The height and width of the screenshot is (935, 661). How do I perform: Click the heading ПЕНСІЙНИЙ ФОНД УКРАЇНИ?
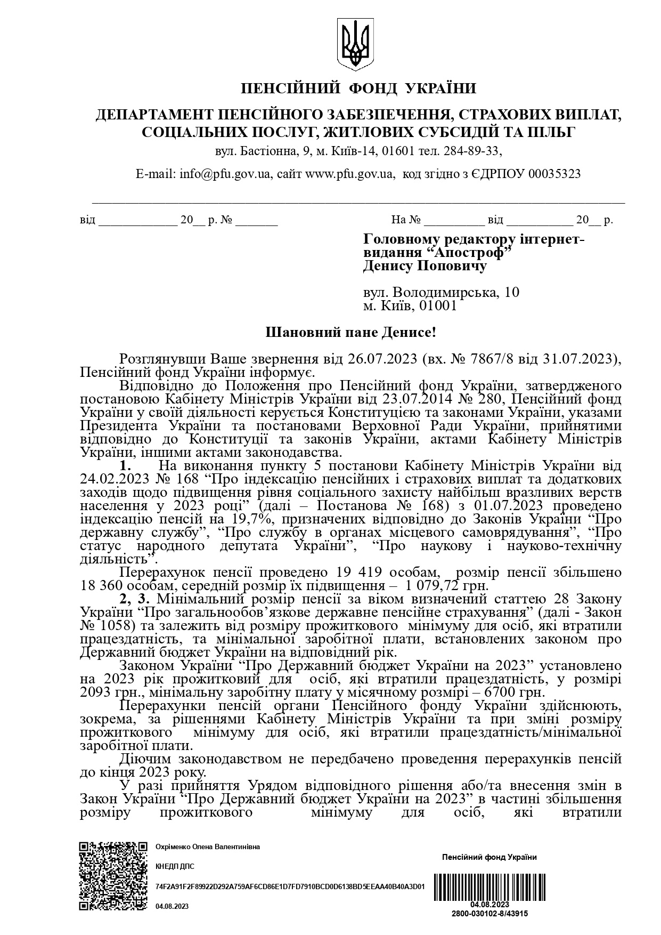tap(358, 88)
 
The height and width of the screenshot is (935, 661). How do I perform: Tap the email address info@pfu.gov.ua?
tap(225, 174)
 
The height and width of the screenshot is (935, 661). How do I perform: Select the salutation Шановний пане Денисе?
tap(350, 333)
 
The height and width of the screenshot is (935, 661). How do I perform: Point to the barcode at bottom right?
tap(489, 887)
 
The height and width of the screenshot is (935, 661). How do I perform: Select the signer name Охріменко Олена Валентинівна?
tap(207, 847)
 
